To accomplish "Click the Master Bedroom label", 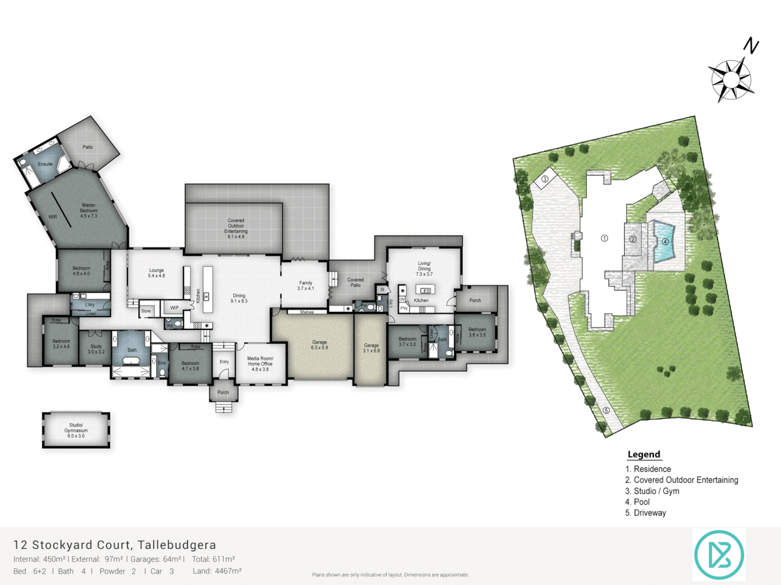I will [88, 211].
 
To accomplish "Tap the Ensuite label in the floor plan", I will [45, 164].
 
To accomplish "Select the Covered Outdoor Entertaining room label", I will [235, 229].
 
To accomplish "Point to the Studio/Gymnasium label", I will [76, 431].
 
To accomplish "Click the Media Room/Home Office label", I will [260, 363].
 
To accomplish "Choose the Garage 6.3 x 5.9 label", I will [319, 345].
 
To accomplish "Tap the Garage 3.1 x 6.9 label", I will [371, 348].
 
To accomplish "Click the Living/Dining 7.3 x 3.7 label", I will [424, 269].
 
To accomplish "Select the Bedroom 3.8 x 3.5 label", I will [477, 332].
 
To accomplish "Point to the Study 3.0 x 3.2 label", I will [96, 349].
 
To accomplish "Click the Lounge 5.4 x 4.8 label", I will [156, 273].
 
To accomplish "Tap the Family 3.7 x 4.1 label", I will [305, 285].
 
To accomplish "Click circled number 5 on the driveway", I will [606, 410].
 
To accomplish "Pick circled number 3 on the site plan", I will [545, 179].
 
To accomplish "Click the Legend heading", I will [644, 454].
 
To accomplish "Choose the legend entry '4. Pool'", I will [637, 502].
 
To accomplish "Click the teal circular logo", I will [719, 555].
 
